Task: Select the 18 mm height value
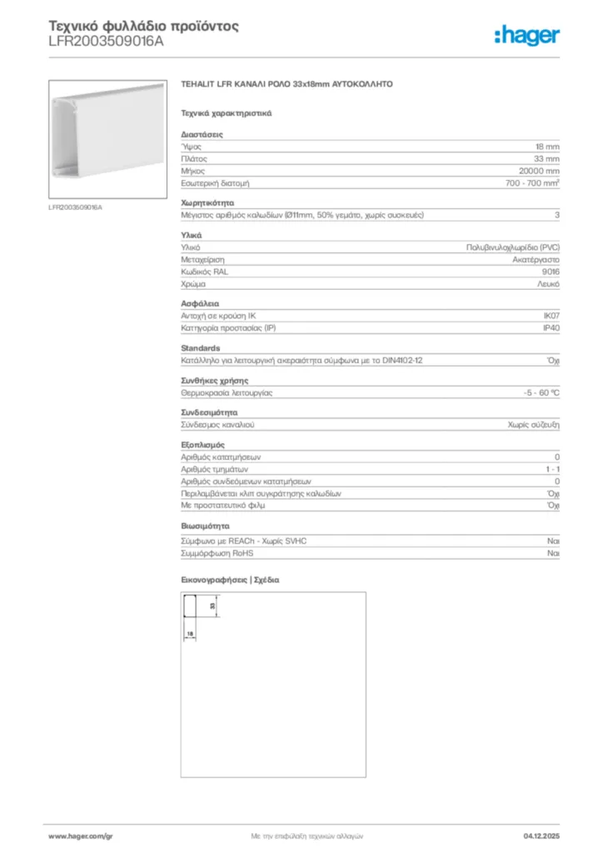tap(547, 146)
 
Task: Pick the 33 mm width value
tap(546, 158)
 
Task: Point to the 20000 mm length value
tap(539, 170)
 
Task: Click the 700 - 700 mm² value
tap(532, 182)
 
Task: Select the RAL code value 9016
tap(550, 272)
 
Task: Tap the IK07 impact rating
tap(551, 316)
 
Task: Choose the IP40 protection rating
tap(551, 328)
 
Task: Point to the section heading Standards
tap(201, 348)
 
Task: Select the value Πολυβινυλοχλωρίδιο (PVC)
tap(512, 247)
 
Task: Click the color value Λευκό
tap(548, 284)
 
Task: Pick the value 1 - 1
tap(551, 469)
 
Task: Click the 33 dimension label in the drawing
tap(212, 607)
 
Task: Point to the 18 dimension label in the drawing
tap(190, 635)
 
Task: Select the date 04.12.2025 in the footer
tap(541, 835)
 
